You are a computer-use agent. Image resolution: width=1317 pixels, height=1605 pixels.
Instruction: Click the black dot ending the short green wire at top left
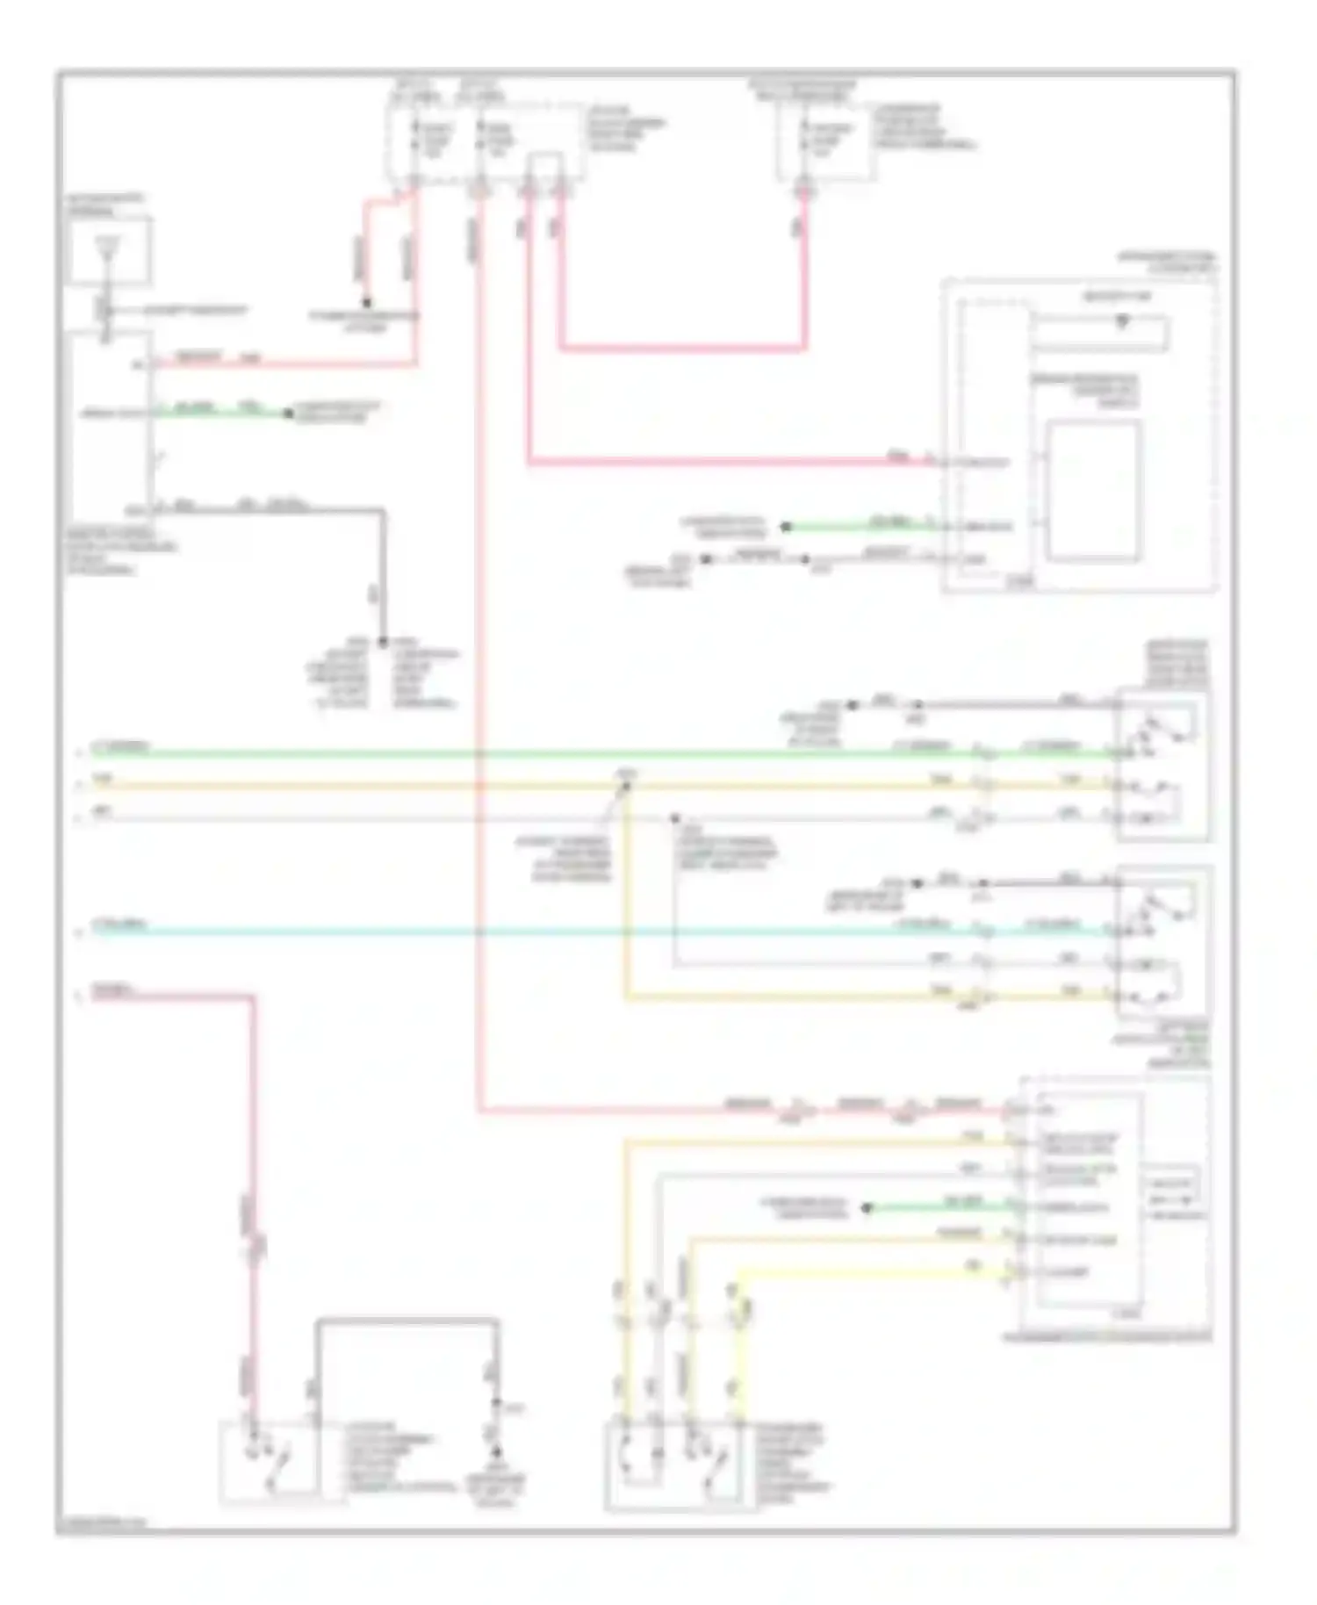287,413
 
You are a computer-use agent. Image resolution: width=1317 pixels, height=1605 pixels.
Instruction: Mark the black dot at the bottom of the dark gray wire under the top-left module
383,642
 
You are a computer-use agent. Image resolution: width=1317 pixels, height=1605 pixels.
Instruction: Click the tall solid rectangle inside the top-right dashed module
1094,490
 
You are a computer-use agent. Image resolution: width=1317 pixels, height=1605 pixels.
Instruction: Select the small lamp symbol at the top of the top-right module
1121,322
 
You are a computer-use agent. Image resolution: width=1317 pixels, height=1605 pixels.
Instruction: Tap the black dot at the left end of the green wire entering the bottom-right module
867,1208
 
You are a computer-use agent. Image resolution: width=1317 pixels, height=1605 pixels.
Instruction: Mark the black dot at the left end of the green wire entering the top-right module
786,527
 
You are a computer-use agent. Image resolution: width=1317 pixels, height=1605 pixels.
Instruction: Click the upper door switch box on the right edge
1162,766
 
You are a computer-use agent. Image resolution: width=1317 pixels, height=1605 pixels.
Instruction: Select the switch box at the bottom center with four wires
680,1465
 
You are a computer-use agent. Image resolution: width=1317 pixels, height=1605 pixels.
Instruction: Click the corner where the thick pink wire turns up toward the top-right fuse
803,349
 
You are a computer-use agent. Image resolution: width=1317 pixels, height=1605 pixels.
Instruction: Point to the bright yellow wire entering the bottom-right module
878,1270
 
